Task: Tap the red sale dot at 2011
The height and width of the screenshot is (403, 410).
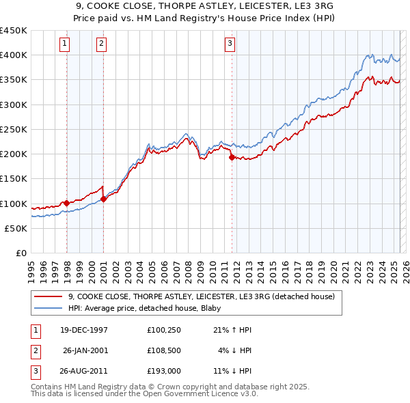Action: [232, 157]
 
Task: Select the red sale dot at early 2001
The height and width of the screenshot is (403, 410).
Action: [103, 199]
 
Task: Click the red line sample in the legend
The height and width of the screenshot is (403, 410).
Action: [49, 296]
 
